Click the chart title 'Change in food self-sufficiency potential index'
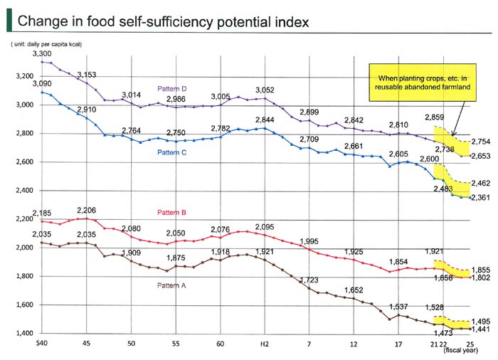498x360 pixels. click(163, 21)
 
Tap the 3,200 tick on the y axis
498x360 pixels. click(23, 76)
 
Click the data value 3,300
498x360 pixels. click(43, 53)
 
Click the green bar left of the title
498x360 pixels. click(9, 21)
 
